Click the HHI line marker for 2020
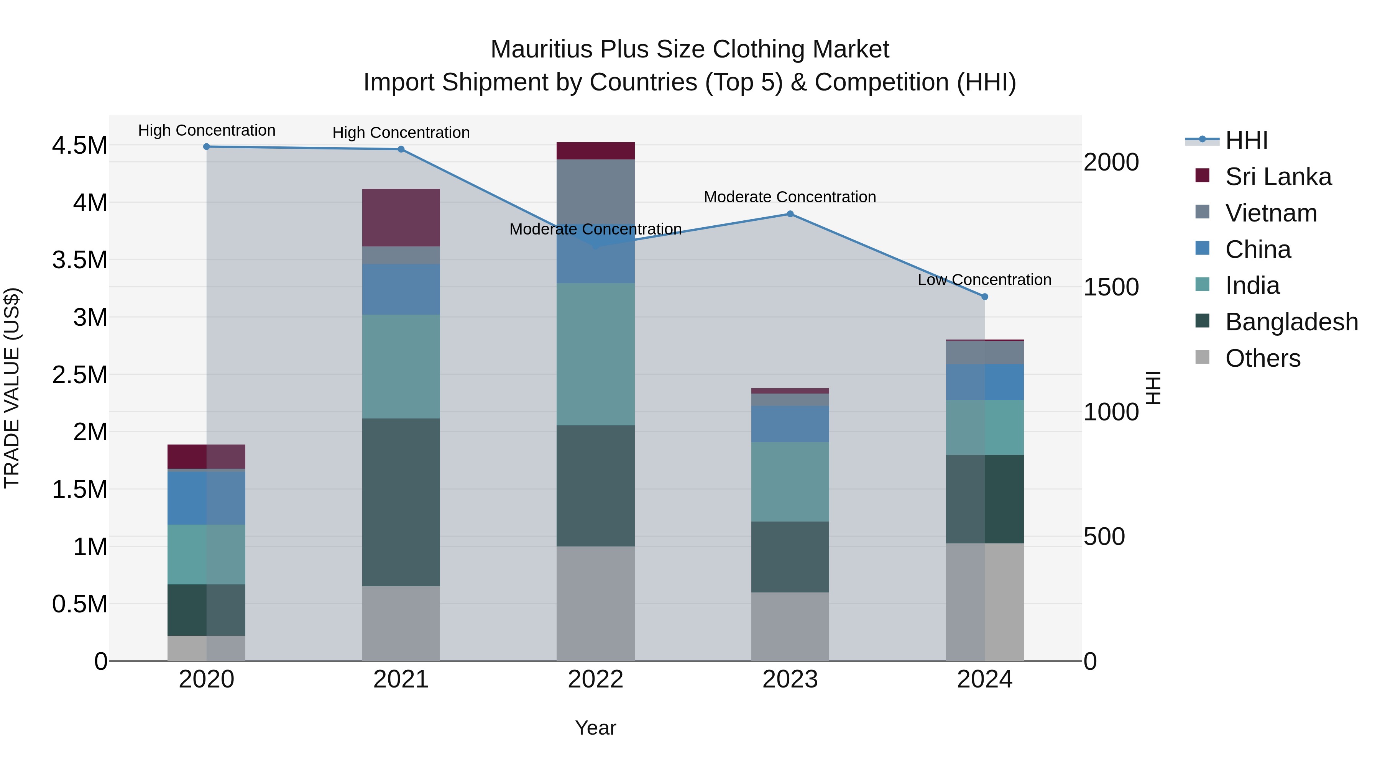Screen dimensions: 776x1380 206,146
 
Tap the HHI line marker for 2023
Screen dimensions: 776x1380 790,214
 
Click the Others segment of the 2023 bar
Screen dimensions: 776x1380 790,626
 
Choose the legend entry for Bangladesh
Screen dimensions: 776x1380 1291,322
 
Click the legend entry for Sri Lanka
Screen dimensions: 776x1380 1278,177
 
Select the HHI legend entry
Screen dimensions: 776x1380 1246,140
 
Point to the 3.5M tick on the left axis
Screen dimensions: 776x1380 79,260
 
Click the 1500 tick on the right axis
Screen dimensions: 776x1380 1111,287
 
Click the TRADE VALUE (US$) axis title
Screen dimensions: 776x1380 12,388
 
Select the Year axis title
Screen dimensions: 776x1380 595,728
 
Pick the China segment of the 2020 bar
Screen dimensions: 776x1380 206,497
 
